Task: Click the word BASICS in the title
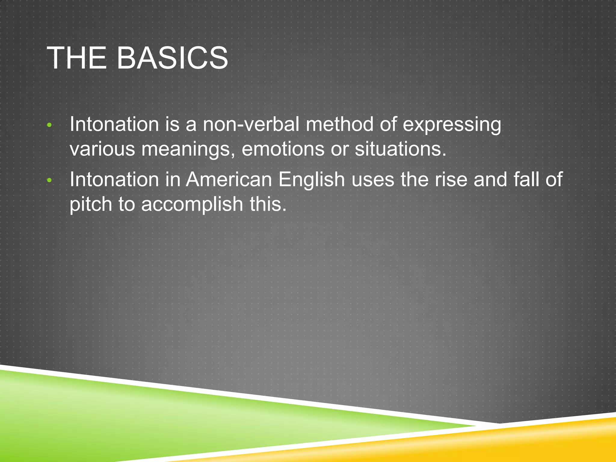click(172, 58)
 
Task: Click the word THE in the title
click(77, 58)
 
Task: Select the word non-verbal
click(251, 124)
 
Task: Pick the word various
click(102, 149)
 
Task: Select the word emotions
click(283, 149)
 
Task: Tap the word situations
click(400, 149)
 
